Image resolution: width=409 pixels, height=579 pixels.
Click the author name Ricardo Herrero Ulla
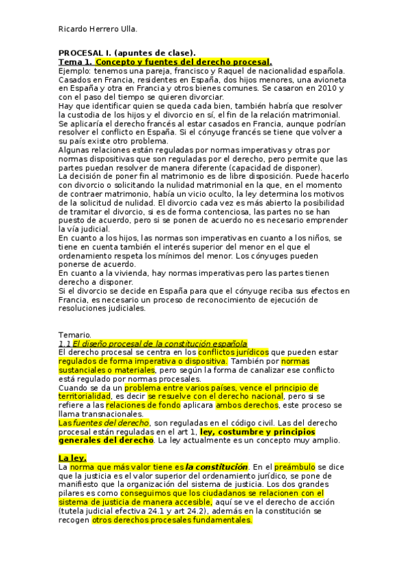98,29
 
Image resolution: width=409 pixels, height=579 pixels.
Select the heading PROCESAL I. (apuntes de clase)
127,53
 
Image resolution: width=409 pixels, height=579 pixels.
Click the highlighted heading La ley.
70,457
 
